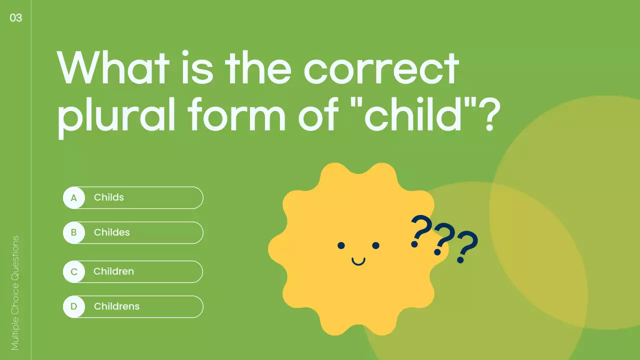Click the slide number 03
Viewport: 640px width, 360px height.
16,18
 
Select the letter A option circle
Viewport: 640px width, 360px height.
74,197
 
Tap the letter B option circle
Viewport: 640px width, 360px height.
74,232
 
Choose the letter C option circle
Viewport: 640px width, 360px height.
74,271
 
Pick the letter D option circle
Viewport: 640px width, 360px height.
74,306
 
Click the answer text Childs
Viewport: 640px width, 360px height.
109,197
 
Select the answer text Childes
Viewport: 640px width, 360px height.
112,232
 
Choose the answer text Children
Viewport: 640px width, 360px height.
114,271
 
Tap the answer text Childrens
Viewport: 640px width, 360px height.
117,306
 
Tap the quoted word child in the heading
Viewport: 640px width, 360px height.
418,115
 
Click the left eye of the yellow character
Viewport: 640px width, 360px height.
341,245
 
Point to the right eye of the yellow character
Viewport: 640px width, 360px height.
376,245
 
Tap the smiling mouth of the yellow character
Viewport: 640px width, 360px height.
358,261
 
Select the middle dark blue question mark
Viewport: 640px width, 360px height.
443,239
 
